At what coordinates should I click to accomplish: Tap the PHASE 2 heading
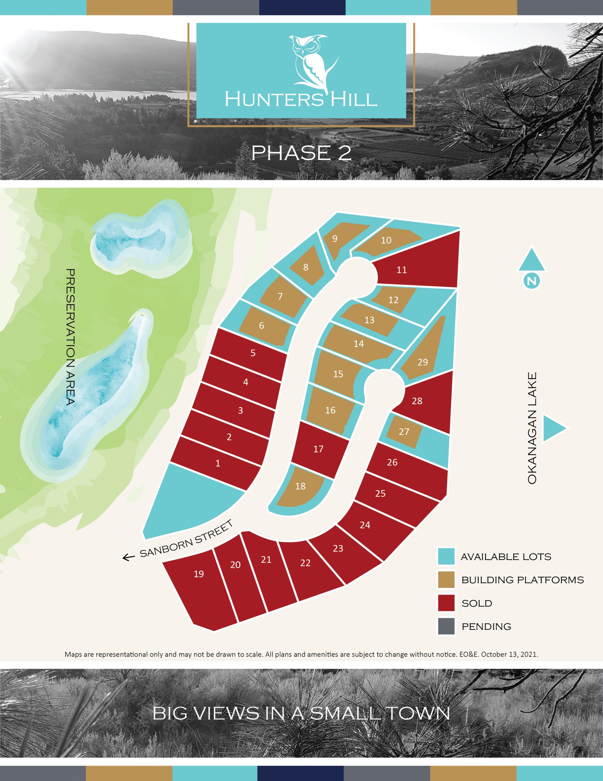[301, 153]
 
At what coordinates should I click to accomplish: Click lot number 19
[199, 574]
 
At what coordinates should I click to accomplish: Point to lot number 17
[318, 449]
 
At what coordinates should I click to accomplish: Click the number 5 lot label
[253, 353]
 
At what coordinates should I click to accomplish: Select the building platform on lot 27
[404, 432]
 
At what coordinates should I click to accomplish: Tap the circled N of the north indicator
[532, 281]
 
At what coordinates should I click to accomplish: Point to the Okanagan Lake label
[532, 428]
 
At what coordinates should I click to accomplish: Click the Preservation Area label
[70, 337]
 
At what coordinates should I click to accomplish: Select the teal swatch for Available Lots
[446, 557]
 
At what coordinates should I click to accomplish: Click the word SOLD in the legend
[476, 603]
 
